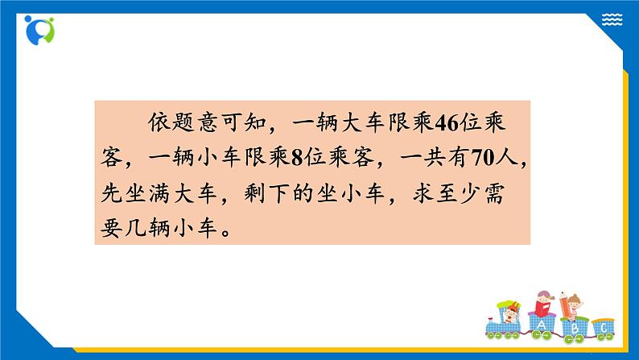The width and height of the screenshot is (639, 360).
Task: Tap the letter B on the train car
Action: tap(575, 329)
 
